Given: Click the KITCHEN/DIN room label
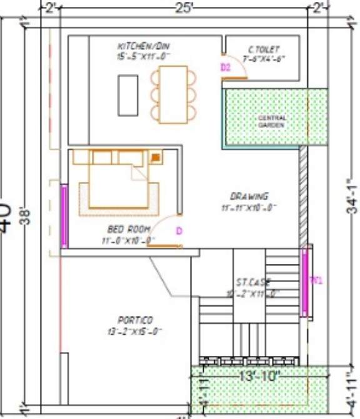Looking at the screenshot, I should tap(144, 46).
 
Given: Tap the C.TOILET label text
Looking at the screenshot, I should tap(264, 49).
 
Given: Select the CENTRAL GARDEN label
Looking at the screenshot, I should tap(272, 121).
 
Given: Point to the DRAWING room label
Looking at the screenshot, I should tap(249, 196).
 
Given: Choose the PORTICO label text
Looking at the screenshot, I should tap(135, 320).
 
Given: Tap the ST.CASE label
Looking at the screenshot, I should tap(253, 282).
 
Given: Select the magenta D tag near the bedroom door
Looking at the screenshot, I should tap(179, 231).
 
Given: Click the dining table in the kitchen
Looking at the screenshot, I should tap(173, 94).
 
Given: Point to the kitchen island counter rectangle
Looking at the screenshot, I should tap(128, 94).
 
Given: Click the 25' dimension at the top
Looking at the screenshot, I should tap(186, 8).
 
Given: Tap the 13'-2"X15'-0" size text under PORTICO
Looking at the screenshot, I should tap(135, 331).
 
